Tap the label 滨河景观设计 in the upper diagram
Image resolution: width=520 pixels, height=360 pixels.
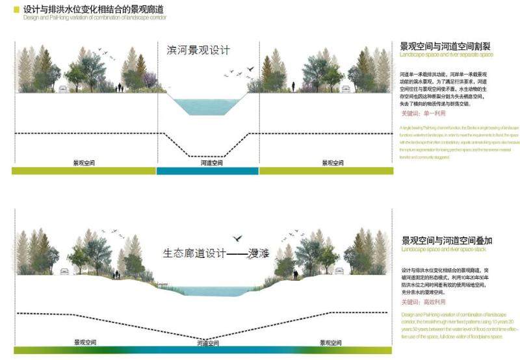point(198,50)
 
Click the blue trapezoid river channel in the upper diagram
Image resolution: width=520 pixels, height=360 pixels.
point(207,107)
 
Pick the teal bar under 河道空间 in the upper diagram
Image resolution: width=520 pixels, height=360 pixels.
point(207,170)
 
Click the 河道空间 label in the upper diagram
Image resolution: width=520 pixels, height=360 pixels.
point(209,162)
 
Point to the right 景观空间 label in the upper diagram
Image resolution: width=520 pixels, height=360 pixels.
point(332,162)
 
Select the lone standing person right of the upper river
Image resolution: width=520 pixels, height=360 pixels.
point(292,86)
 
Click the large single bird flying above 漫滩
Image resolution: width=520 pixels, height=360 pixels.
point(239,238)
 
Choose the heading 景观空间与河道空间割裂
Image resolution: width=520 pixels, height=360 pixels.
point(445,46)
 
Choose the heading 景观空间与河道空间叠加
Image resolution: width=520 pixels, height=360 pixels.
point(445,240)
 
